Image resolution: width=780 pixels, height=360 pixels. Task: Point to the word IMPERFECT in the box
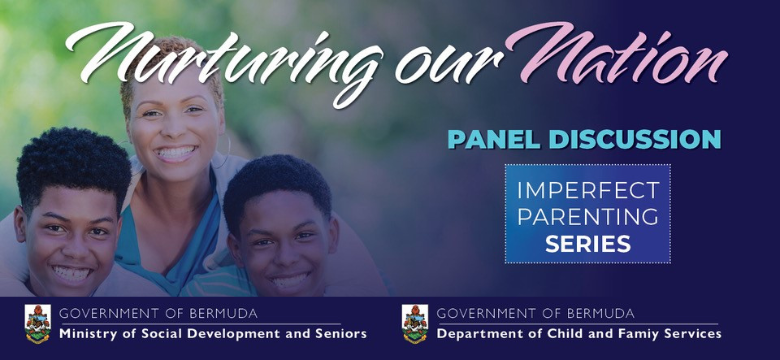point(588,190)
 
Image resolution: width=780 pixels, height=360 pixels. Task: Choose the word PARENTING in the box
point(588,215)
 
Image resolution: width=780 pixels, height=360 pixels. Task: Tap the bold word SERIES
point(588,242)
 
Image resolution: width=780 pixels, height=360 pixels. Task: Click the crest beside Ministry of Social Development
point(37,323)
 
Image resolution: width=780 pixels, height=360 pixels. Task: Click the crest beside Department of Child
point(414,323)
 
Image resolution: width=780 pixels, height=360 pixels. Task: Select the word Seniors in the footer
point(338,334)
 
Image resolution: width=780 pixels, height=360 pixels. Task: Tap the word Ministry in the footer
point(89,334)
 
